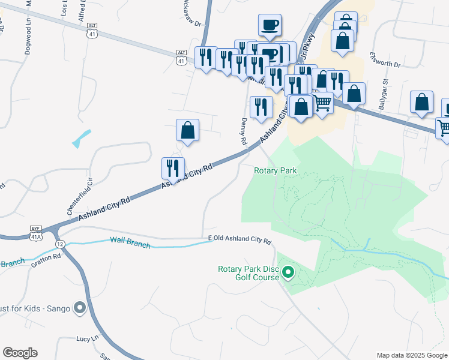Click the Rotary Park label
click(x=276, y=170)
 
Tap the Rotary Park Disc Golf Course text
click(x=249, y=273)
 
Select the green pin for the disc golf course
click(x=288, y=274)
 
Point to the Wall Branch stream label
click(x=129, y=241)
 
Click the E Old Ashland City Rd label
click(x=240, y=239)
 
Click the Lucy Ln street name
click(x=87, y=339)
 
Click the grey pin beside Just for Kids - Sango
click(x=80, y=309)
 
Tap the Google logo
click(x=20, y=352)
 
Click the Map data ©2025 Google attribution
click(x=411, y=355)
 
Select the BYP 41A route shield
click(x=36, y=233)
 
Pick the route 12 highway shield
click(x=60, y=244)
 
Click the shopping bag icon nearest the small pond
click(x=187, y=130)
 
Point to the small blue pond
click(x=82, y=139)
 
